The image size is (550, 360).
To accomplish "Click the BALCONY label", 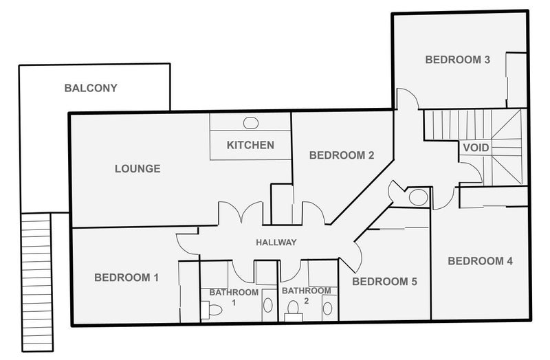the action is point(91,88).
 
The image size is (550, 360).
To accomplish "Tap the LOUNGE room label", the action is point(137,168).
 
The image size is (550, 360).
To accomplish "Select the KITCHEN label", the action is point(250,145).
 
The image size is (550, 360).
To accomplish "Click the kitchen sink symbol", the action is point(251,123).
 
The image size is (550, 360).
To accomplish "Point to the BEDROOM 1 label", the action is point(126,278).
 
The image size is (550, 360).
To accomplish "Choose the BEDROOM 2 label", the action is point(342,155).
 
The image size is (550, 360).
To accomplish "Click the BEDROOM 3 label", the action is point(457,60).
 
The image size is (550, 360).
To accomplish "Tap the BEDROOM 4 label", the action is point(480,261).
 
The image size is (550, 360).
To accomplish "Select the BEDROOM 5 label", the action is point(385,282).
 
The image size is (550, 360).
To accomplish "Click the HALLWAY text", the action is point(276,243).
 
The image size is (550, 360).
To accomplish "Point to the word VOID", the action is point(476,148).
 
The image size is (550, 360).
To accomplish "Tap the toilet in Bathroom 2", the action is point(294,311).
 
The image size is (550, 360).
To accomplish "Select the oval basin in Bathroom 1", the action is point(267,305).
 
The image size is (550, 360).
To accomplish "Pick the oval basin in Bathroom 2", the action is point(328,308).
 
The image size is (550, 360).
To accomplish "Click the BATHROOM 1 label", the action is point(234,297).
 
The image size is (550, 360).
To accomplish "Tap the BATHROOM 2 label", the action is point(306,295).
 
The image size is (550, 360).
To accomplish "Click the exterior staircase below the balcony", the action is point(37,282).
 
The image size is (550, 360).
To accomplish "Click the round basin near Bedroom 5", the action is point(418,197).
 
